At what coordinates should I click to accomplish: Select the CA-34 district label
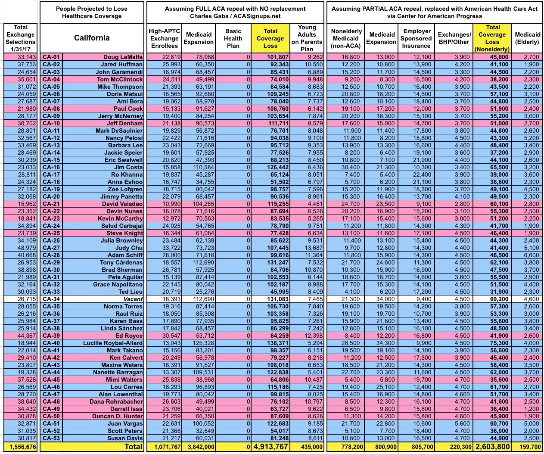click(51, 299)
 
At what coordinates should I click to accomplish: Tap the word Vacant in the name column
click(133, 299)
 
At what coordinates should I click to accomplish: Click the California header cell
click(92, 38)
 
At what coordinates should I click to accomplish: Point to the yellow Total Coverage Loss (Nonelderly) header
click(492, 38)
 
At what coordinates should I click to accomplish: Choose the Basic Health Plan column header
click(233, 38)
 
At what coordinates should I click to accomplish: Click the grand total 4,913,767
click(270, 447)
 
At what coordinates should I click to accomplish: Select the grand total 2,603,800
click(492, 447)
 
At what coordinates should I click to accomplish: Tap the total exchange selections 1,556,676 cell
click(21, 447)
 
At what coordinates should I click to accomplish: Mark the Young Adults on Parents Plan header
click(307, 38)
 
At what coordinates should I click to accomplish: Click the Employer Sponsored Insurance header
click(417, 38)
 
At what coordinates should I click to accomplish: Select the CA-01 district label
click(51, 57)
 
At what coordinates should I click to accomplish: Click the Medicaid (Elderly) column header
click(527, 38)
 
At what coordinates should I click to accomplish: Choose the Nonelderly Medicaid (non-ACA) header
click(346, 38)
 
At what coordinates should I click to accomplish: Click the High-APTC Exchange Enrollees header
click(164, 38)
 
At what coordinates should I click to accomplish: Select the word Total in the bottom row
click(134, 447)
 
